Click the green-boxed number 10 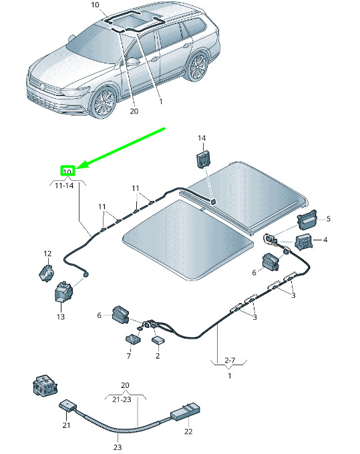67,172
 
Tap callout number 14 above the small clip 202,138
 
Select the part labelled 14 204,160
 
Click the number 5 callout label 328,218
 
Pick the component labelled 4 304,242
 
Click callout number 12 47,254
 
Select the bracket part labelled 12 46,273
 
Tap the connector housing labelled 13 63,292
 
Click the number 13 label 61,316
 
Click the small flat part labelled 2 158,340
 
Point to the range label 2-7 230,361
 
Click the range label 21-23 122,399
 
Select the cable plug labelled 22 186,412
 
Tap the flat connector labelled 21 68,406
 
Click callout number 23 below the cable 118,447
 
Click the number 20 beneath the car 134,111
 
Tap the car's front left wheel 104,103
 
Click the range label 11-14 64,186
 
